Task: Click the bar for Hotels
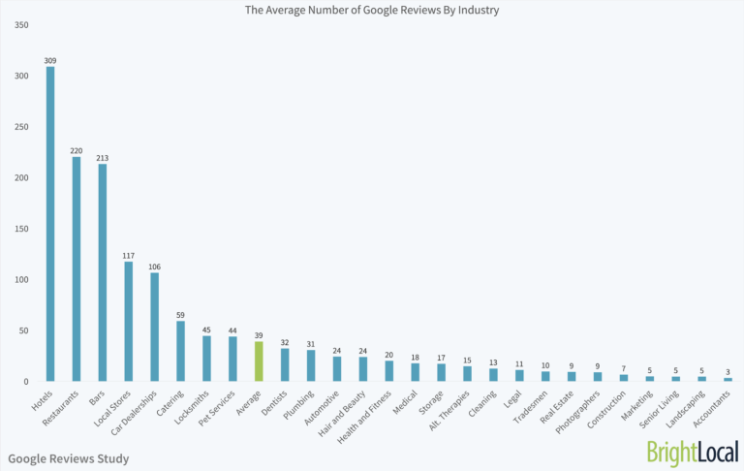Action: [x=49, y=224]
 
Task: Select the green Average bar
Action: [x=259, y=361]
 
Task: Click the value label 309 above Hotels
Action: [x=49, y=60]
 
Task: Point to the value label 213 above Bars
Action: [x=102, y=158]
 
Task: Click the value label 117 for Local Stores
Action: [x=128, y=256]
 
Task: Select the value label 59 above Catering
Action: [x=180, y=315]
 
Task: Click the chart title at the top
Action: [x=372, y=10]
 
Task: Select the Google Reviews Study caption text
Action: [x=68, y=458]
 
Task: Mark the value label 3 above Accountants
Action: [x=728, y=372]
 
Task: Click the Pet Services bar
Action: [x=232, y=360]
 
